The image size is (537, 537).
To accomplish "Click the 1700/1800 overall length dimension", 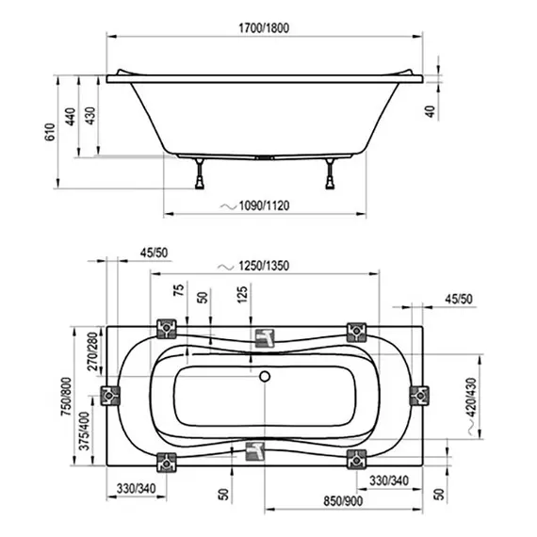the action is [264, 27].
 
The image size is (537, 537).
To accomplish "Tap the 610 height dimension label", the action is [50, 132].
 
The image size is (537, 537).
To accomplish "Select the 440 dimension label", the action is [71, 117].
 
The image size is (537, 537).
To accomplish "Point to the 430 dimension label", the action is [90, 116].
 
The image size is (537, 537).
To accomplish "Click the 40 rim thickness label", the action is [431, 111].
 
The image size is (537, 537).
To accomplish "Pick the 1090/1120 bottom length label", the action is [264, 205].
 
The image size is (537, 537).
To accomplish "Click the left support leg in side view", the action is [200, 173].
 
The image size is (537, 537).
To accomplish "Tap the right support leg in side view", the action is [330, 173].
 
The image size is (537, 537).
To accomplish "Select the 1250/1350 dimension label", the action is [264, 266].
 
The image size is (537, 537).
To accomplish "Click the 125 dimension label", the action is [242, 295].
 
